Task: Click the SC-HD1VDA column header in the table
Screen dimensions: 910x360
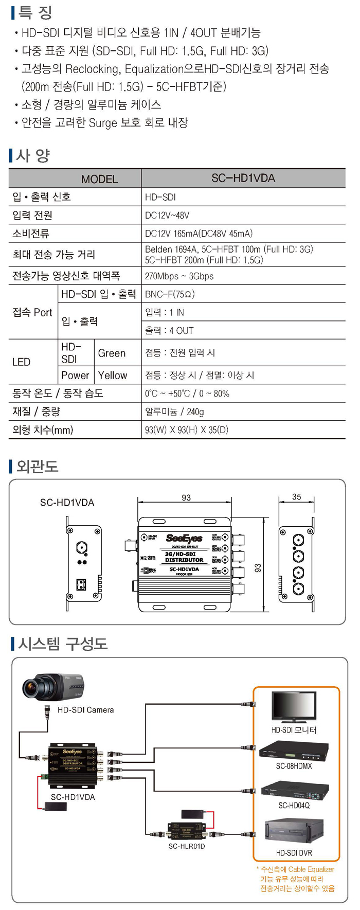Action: point(243,178)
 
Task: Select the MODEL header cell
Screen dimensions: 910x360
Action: point(99,179)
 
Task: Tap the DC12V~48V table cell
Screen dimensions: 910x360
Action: point(167,215)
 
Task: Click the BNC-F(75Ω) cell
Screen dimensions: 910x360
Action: point(170,294)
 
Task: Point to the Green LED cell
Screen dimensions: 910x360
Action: point(112,353)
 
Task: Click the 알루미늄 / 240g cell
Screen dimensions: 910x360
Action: point(174,412)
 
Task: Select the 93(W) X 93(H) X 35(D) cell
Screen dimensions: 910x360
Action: point(186,430)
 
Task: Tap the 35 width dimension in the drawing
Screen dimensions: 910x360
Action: point(296,497)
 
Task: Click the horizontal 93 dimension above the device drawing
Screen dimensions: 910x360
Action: point(186,497)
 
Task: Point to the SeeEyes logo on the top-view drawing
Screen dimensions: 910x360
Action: point(184,538)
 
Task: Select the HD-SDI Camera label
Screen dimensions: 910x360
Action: point(85,710)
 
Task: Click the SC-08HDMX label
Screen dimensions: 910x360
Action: point(294,766)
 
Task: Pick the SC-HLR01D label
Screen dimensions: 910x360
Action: point(187,846)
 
